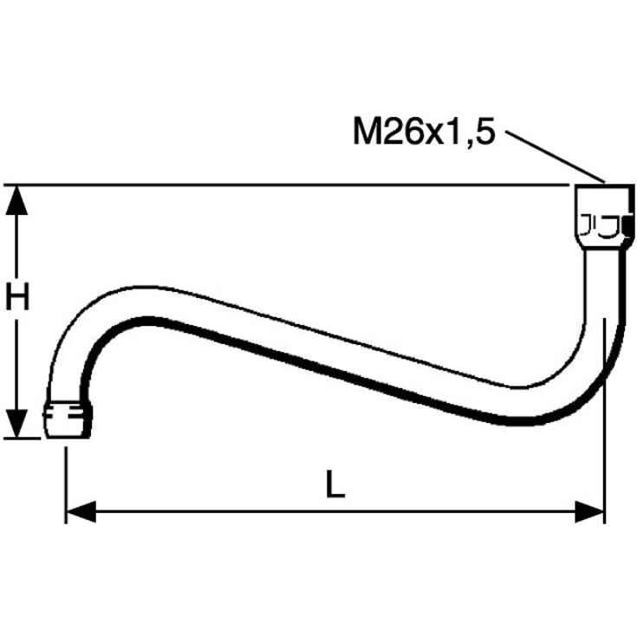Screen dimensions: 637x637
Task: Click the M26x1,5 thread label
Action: point(424,132)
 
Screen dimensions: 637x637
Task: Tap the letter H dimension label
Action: point(17,296)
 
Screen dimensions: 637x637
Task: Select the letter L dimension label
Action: point(335,484)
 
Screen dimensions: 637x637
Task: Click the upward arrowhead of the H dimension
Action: point(16,200)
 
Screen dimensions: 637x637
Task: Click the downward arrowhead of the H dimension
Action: point(16,424)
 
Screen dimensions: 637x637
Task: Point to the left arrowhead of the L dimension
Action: point(81,511)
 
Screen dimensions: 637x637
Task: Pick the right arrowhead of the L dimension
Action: point(590,511)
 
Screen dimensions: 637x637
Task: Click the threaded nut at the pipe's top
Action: point(605,217)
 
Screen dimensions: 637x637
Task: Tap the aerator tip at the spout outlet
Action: point(68,420)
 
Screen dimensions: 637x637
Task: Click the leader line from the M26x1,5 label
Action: point(556,157)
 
